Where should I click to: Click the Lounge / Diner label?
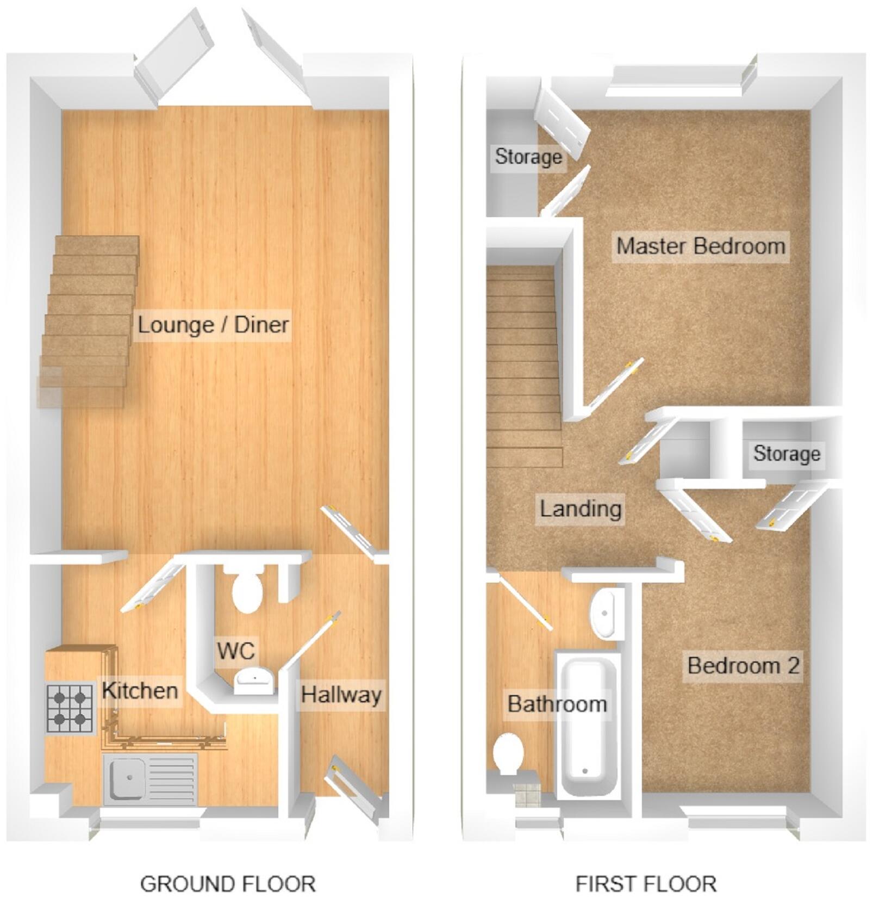point(213,325)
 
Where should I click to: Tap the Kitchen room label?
point(140,691)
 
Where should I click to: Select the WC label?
point(235,650)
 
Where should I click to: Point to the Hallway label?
point(341,695)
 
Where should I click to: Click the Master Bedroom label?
point(700,246)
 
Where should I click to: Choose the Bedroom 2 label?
point(743,665)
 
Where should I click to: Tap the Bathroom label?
point(557,704)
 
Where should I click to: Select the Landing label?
point(580,509)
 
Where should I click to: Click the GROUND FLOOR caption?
point(228,883)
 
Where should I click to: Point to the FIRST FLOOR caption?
point(646,883)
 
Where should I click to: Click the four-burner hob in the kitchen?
point(70,708)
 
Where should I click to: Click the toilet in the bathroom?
point(509,753)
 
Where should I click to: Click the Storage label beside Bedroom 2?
point(787,454)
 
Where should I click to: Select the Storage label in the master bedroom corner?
point(528,157)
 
